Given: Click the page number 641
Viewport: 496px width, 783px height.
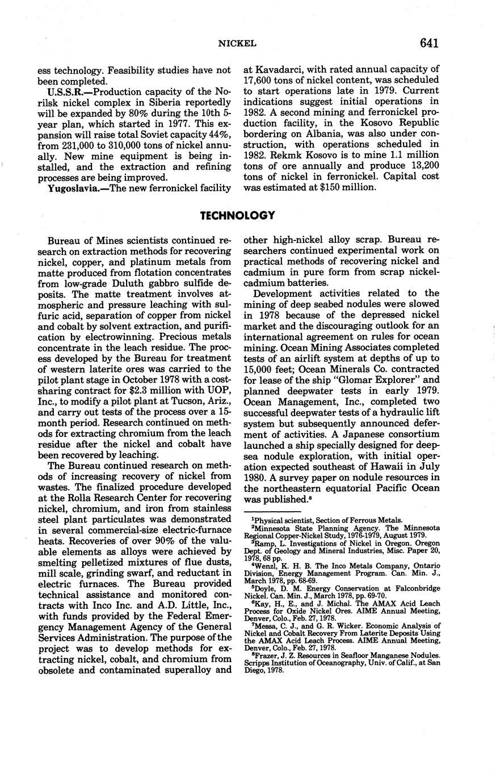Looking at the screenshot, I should (430, 43).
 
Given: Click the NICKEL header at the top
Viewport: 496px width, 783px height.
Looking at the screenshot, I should (238, 44).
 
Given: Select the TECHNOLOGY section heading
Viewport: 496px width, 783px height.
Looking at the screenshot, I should (238, 216).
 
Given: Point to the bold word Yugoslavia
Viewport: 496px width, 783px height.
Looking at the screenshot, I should (72, 188).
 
